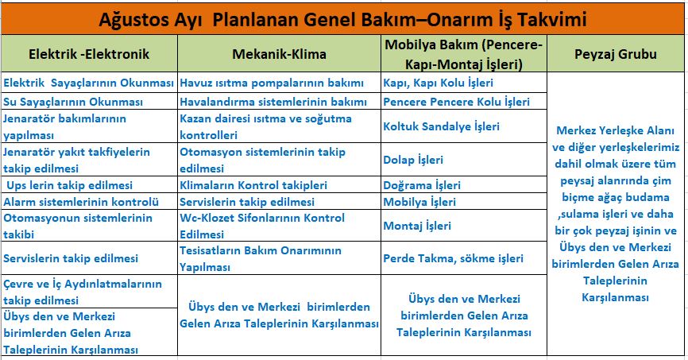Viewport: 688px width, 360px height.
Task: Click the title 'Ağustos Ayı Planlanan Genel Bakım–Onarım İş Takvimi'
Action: [x=342, y=20]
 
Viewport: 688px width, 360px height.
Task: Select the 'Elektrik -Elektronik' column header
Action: [x=89, y=54]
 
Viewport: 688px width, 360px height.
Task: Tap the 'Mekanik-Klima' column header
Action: [x=279, y=54]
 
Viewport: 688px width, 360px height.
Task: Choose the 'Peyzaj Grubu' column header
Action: [x=616, y=54]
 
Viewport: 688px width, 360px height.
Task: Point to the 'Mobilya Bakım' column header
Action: [x=464, y=54]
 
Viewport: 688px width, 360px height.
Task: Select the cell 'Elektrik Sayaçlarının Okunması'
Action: [x=89, y=83]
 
